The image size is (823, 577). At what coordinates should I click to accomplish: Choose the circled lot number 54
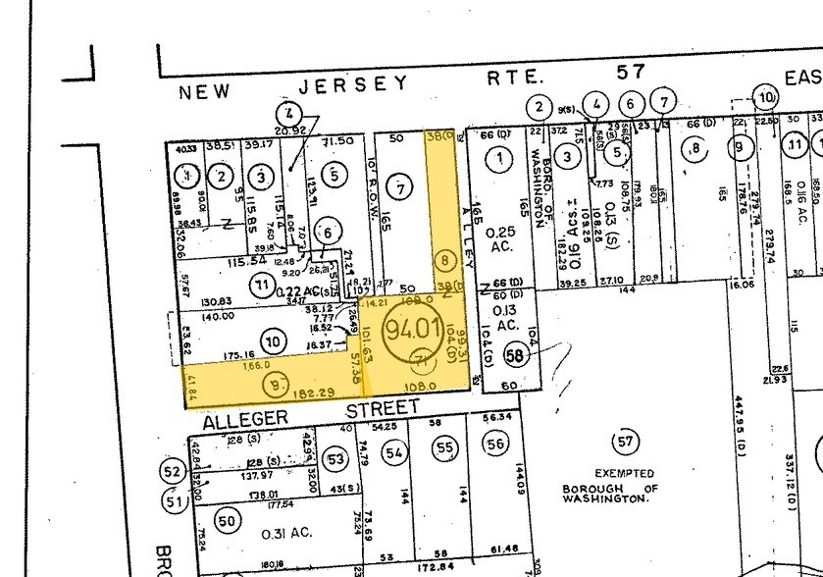[394, 452]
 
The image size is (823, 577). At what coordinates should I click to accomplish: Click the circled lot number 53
[336, 458]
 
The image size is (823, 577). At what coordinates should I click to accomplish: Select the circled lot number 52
[174, 472]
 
